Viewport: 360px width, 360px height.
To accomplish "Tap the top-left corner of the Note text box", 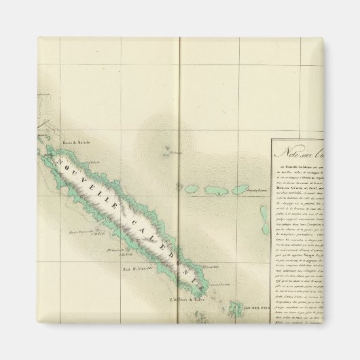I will coord(272,141).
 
